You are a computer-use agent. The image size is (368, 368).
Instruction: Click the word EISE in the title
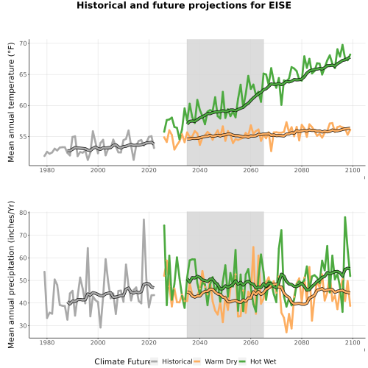(280, 5)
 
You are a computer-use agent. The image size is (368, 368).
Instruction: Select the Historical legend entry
(171, 361)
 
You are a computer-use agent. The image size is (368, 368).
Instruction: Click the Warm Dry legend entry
(216, 361)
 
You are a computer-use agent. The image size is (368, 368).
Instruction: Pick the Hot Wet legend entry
(258, 361)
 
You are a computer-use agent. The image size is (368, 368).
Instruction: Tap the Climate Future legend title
(122, 361)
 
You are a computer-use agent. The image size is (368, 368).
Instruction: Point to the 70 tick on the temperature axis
(23, 43)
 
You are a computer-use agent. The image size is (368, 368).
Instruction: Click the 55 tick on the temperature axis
(23, 137)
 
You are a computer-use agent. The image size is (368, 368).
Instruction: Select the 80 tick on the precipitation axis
(23, 213)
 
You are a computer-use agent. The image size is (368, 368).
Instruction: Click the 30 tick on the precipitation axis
(23, 326)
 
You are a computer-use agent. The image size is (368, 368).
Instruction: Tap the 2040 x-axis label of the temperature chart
(199, 170)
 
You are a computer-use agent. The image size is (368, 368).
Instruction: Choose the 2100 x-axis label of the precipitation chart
(353, 342)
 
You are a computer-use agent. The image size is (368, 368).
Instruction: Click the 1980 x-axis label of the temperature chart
(47, 170)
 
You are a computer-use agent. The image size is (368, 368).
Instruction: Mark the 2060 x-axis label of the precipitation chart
(251, 342)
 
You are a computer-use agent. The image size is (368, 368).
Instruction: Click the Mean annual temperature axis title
(11, 102)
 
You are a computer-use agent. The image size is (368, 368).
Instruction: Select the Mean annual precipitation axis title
(11, 275)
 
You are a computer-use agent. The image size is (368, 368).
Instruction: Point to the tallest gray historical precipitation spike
(144, 219)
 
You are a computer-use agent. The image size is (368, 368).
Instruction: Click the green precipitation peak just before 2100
(345, 217)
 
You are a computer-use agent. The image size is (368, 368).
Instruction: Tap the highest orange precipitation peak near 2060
(253, 247)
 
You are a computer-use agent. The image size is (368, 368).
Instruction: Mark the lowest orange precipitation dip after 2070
(286, 332)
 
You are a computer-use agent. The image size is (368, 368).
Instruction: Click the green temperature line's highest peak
(342, 45)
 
